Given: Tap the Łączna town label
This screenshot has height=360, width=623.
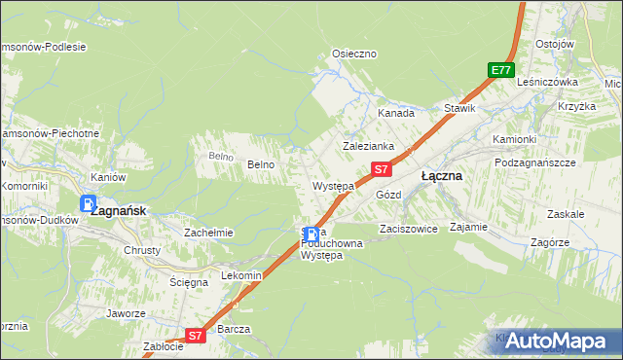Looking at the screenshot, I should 441,177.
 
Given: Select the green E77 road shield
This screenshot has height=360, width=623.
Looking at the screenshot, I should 501,70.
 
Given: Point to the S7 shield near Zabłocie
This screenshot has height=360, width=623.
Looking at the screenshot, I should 195,335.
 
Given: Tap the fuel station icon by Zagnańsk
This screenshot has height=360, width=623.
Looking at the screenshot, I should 89,204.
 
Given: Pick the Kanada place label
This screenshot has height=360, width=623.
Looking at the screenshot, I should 396,113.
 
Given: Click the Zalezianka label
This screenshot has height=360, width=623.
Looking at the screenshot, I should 367,146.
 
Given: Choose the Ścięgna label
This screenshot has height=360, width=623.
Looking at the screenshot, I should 189,282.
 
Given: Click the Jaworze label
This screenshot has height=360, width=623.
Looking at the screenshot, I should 127,313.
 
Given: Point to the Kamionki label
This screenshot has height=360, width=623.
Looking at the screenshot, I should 514,139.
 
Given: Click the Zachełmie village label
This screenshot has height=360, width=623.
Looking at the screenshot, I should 208,233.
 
